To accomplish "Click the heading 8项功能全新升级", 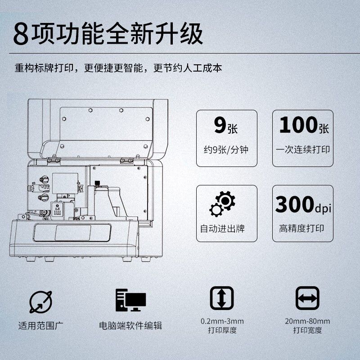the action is [x=108, y=33].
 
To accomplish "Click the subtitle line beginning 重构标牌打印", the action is [x=118, y=68].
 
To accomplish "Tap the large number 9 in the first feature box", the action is [x=220, y=125].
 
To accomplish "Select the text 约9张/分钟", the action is [x=226, y=150].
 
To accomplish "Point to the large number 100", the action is [x=298, y=125].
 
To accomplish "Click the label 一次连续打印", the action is [x=303, y=149].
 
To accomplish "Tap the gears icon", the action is [x=222, y=204].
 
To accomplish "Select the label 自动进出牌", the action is [x=222, y=229].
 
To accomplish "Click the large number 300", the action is [x=295, y=204].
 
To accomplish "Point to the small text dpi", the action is [x=323, y=208].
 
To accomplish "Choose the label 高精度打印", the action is [x=301, y=228].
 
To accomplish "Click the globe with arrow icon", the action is [x=40, y=302].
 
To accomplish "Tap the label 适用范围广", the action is [x=40, y=325].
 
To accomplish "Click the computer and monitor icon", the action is [x=130, y=300].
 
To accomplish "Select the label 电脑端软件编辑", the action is [x=130, y=325].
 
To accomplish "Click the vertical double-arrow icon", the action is [x=222, y=298].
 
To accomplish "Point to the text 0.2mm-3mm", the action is [x=222, y=321].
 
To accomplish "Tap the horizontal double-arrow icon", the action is [x=307, y=298].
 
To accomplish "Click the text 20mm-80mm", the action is [x=307, y=321].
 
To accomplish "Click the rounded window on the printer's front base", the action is [x=72, y=233].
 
